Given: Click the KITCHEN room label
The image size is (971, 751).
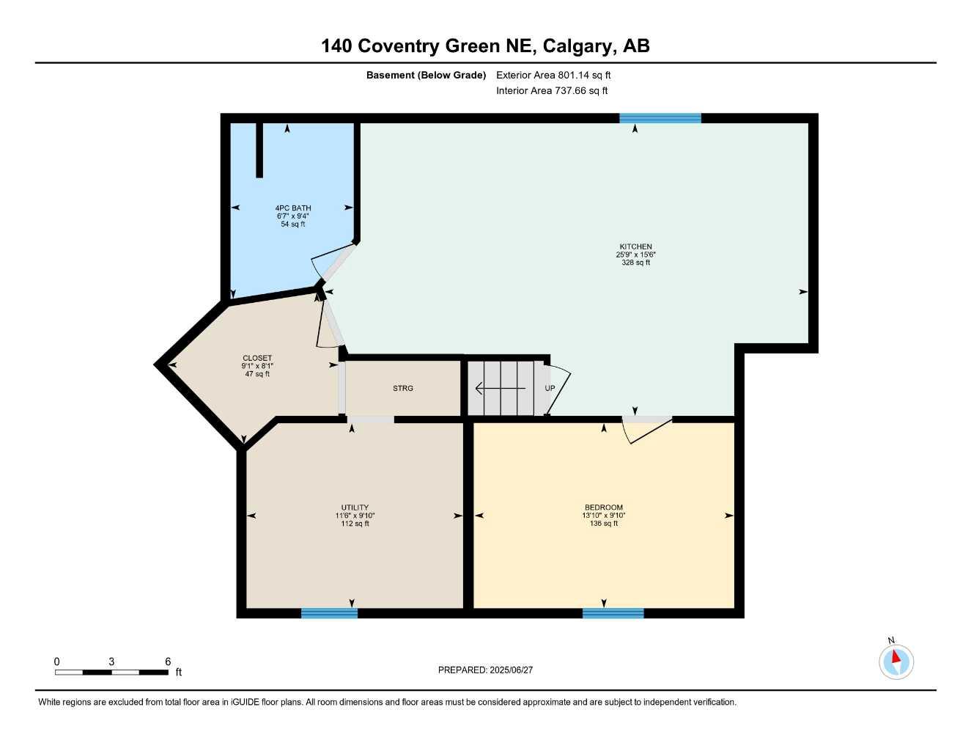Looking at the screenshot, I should (635, 247).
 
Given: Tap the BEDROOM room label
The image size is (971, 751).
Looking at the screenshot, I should (604, 508).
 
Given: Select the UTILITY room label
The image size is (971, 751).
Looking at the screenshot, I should (355, 508).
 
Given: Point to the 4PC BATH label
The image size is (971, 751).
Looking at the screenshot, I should (293, 208).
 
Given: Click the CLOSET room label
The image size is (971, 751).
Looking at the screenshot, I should (257, 359).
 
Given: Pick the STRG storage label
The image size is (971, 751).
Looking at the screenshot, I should (403, 388).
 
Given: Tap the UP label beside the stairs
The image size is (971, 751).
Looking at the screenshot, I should (550, 388).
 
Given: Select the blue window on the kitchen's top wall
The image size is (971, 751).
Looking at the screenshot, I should (660, 118).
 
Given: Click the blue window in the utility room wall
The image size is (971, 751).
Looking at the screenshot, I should (329, 613).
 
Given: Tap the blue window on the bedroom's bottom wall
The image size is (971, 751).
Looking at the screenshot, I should (613, 613).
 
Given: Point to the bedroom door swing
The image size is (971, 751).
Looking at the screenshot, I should (645, 431).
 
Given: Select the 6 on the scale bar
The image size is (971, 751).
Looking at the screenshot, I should (168, 662).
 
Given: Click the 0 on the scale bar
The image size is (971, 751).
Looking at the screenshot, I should (57, 662).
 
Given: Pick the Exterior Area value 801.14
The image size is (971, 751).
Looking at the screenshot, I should (575, 75).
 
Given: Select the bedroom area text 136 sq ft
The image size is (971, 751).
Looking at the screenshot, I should (604, 524).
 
